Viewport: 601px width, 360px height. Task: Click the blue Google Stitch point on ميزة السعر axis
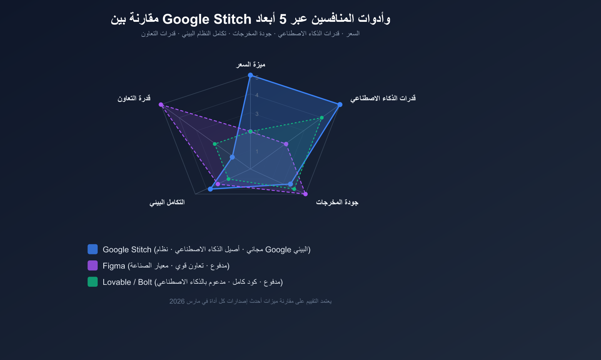point(251,75)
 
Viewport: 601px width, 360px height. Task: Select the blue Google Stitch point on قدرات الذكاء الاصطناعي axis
point(340,104)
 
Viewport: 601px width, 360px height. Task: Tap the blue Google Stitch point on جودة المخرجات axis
point(290,184)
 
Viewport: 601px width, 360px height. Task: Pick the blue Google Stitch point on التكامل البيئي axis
point(210,189)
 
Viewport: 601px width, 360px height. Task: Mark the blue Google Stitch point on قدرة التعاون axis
point(232,157)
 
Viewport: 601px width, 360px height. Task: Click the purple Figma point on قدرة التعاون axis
point(161,104)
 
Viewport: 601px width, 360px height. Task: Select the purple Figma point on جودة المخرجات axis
point(305,194)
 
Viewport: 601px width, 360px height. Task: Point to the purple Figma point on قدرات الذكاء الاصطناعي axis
point(286,144)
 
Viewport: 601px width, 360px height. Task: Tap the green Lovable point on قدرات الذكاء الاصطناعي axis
point(322,118)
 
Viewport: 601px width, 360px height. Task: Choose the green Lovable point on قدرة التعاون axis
point(214,144)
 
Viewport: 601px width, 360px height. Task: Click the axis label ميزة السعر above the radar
point(251,65)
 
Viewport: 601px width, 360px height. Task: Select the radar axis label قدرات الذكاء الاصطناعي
point(383,98)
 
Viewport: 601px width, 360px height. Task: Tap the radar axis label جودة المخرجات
point(337,203)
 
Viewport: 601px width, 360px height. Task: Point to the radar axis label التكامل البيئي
point(167,203)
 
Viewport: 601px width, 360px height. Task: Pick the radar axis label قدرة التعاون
point(134,98)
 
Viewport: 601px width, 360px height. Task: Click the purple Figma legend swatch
point(92,265)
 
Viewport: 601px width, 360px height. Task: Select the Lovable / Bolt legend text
point(127,282)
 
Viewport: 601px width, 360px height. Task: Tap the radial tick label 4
point(257,95)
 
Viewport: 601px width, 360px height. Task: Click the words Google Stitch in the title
point(207,19)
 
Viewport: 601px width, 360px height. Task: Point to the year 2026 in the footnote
point(177,301)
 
